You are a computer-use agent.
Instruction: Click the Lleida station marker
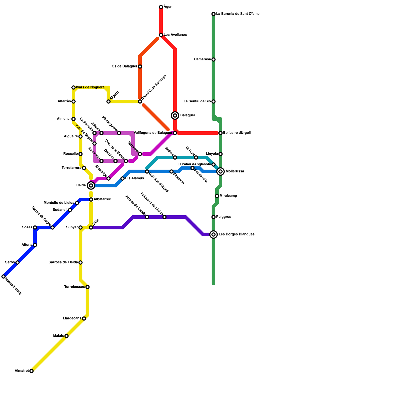[91, 186]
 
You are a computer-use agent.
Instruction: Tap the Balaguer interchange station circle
[175, 115]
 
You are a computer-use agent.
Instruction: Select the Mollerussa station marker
[221, 172]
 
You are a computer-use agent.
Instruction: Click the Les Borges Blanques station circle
[214, 234]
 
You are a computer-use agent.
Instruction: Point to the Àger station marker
[161, 7]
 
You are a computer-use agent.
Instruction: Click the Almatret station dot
[31, 371]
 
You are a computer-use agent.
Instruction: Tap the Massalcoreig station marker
[3, 276]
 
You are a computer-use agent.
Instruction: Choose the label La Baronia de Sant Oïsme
[238, 14]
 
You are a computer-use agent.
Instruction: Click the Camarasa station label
[202, 59]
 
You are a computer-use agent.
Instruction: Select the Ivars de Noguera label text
[90, 87]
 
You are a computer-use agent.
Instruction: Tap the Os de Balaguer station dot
[140, 67]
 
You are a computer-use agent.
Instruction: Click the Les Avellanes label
[175, 35]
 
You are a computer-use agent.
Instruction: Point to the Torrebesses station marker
[87, 287]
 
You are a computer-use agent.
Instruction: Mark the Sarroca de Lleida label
[63, 262]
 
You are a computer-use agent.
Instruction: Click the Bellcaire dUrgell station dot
[220, 133]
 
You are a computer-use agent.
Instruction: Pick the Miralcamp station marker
[217, 196]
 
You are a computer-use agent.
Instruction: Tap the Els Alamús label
[134, 178]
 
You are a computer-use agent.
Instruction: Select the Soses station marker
[35, 227]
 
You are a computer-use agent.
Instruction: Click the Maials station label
[58, 336]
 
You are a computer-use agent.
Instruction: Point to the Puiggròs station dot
[214, 217]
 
